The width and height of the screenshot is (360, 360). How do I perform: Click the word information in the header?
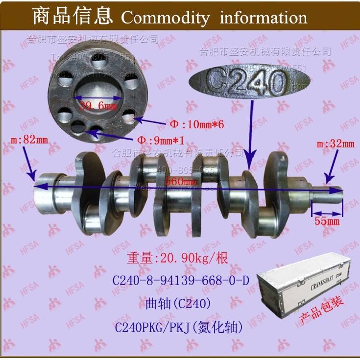tap(264, 18)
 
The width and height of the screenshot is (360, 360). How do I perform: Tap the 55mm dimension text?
tap(327, 221)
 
